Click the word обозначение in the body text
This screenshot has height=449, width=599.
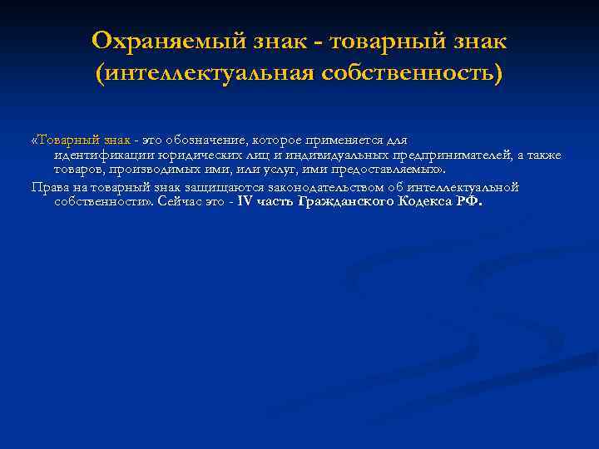[206, 140]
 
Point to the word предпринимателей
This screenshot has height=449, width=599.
[433, 155]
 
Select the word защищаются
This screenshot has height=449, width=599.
[191, 186]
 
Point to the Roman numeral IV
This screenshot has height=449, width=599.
[245, 201]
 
